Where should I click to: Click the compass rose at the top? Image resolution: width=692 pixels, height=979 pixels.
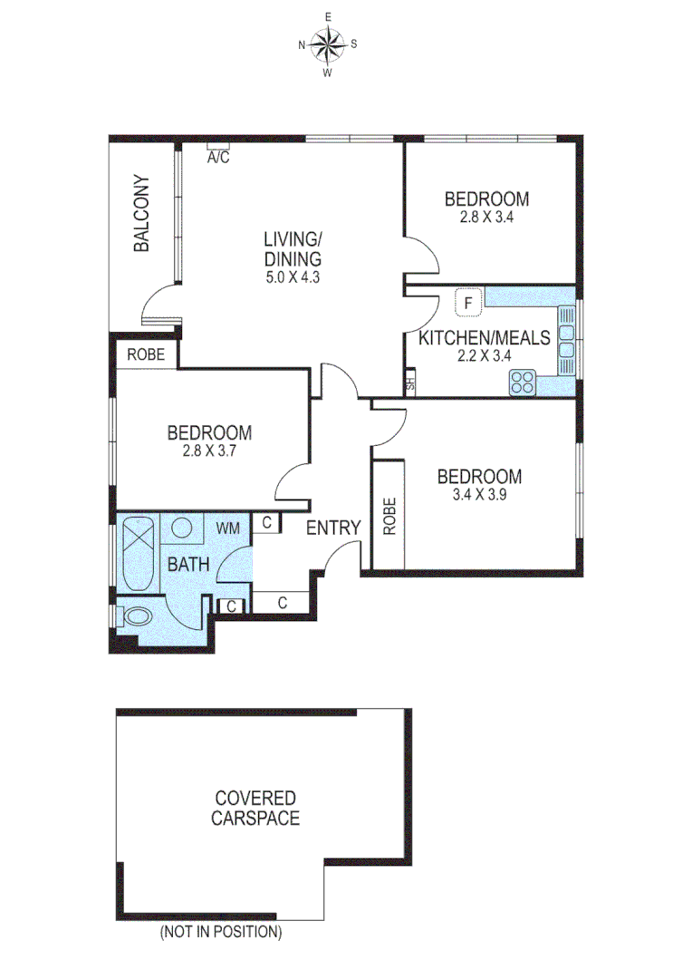click(x=328, y=43)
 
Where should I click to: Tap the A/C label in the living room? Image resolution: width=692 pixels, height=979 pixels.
click(x=218, y=157)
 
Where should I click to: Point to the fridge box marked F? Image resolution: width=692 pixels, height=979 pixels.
click(x=468, y=303)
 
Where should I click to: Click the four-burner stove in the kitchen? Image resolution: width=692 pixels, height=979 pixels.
click(x=523, y=383)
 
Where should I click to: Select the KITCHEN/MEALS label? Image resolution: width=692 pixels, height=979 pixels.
click(x=484, y=338)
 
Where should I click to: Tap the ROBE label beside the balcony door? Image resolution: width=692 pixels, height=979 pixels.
click(x=146, y=354)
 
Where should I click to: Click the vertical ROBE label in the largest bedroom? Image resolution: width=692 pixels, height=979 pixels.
click(x=389, y=516)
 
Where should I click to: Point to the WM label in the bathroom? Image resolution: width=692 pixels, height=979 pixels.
click(x=227, y=527)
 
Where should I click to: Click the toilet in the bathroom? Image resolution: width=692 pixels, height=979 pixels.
click(x=137, y=618)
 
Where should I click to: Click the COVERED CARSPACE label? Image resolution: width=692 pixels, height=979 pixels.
click(x=255, y=808)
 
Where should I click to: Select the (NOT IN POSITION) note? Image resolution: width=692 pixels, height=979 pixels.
click(x=221, y=931)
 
